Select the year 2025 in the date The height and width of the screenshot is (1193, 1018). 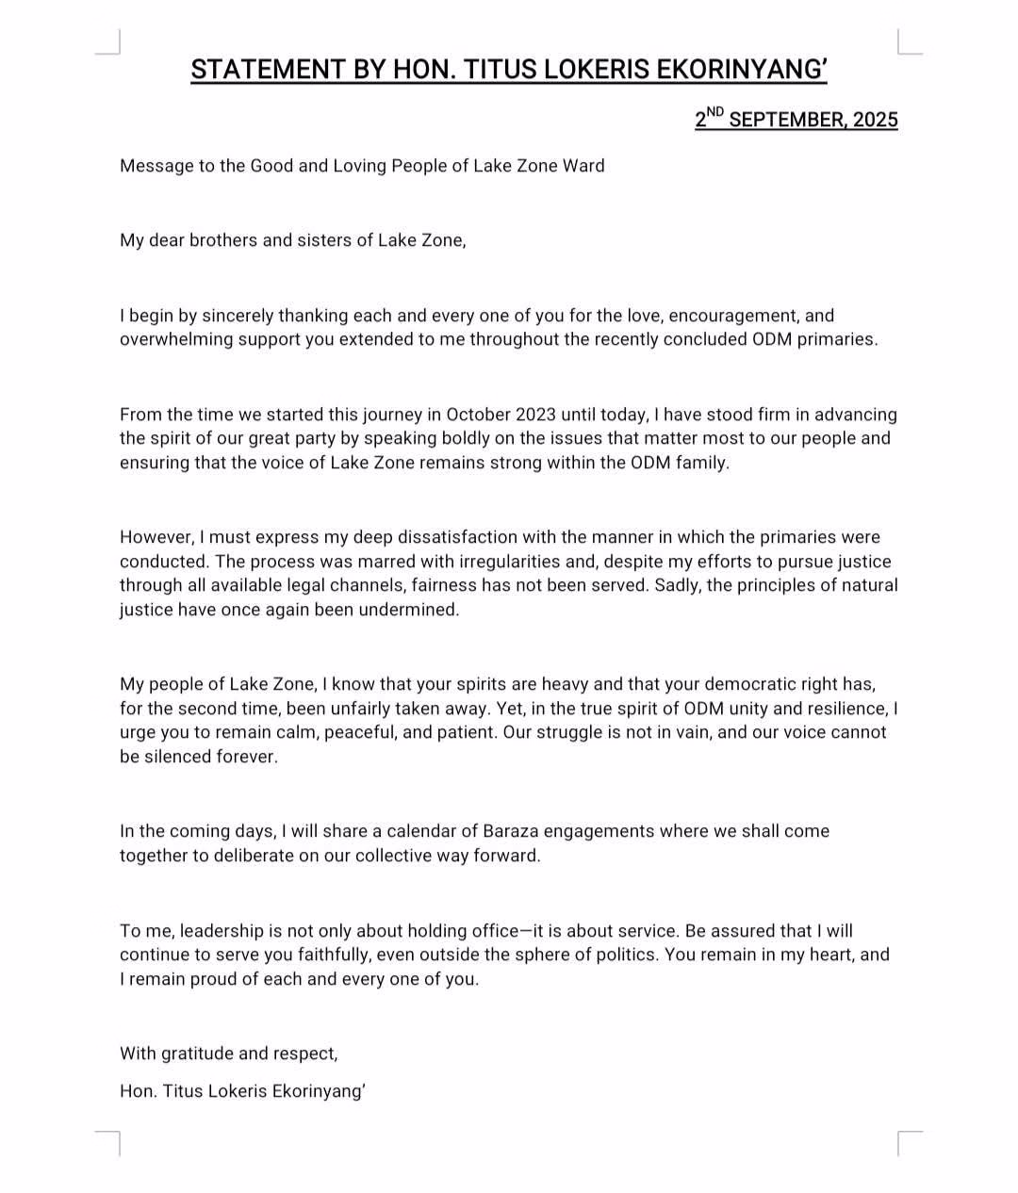tap(876, 120)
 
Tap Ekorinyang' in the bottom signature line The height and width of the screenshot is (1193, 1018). tap(319, 1091)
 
